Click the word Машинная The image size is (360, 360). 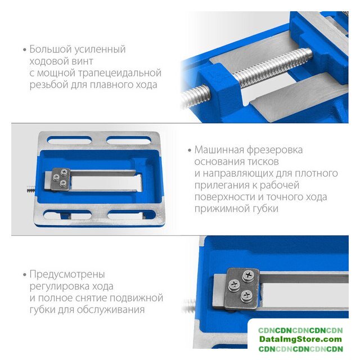coord(219,150)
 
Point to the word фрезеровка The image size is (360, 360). coord(275,150)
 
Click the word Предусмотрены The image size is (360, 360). coord(67,274)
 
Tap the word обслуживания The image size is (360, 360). coord(111,310)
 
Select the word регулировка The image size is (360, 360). coord(59,286)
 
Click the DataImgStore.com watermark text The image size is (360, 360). coord(300,339)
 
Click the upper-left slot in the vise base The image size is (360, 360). coord(69,140)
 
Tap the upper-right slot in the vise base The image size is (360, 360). coord(129,140)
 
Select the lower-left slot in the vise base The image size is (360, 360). coord(67,215)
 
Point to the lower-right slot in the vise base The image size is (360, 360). coord(132,215)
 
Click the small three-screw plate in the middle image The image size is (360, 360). coord(60,179)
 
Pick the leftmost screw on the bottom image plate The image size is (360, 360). coord(234,285)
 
